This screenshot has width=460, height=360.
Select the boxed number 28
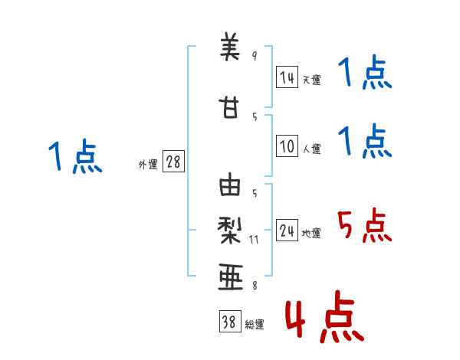[173, 161]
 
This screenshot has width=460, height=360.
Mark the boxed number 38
[228, 322]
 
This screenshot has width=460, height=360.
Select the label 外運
[148, 164]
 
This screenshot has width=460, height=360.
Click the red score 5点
[364, 227]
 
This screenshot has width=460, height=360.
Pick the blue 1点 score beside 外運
[75, 156]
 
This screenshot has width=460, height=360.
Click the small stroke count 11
[255, 239]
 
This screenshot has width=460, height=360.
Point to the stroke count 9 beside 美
[255, 56]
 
